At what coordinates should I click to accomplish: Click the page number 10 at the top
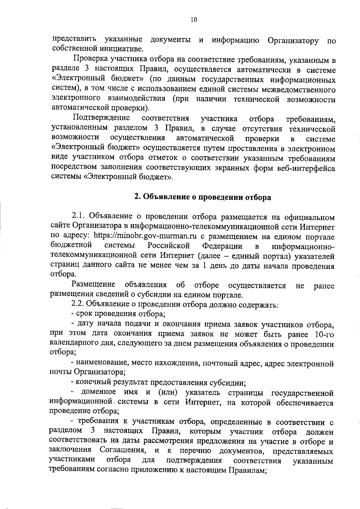(193, 20)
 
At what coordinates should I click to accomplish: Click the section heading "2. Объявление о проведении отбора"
(202, 197)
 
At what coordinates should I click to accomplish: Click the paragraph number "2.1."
(79, 216)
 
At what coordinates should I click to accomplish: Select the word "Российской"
(169, 246)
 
